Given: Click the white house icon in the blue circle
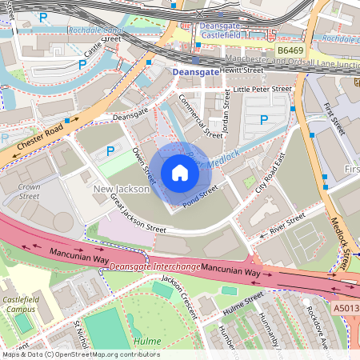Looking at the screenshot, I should click(180, 173).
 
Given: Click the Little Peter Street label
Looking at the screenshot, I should click(262, 90).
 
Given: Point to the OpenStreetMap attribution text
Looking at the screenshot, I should click(80, 354).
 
